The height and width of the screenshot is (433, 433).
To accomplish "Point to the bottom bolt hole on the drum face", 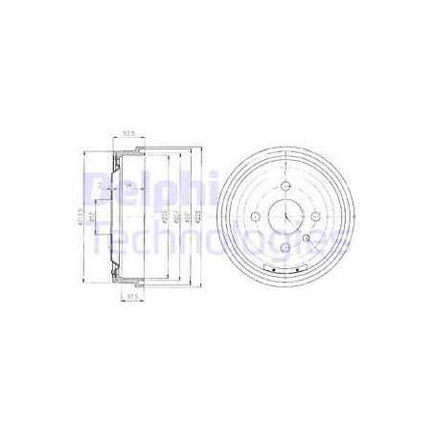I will click(x=287, y=247).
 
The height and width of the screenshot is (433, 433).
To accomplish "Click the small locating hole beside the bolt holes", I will click(x=307, y=239).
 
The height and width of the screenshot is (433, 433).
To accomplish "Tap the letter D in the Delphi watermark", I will click(x=96, y=190).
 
